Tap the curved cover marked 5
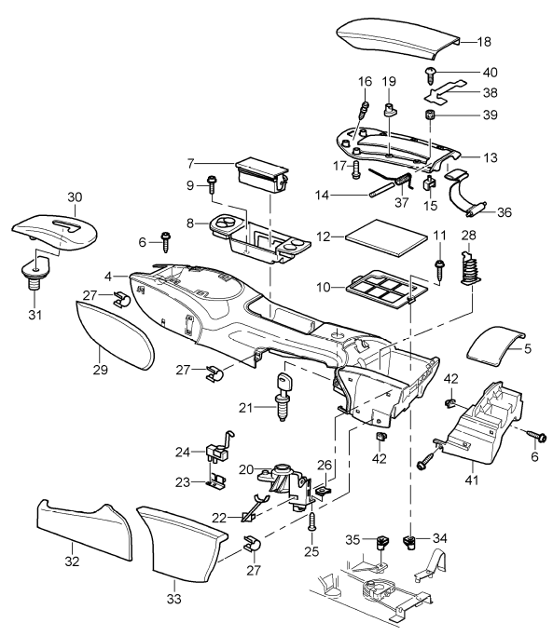(495, 351)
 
